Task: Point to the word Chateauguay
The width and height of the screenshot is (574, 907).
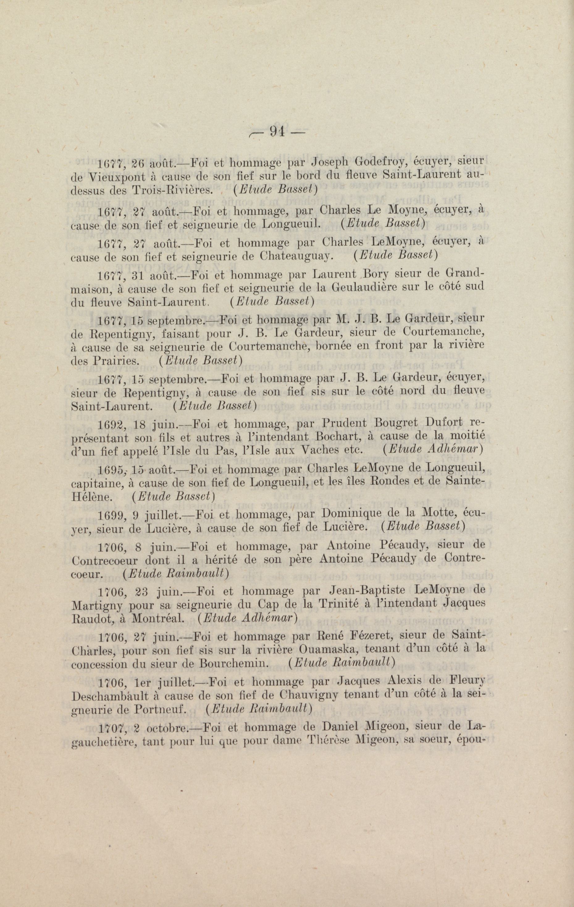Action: coord(296,256)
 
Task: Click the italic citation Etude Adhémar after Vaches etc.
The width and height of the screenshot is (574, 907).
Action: coord(433,449)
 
